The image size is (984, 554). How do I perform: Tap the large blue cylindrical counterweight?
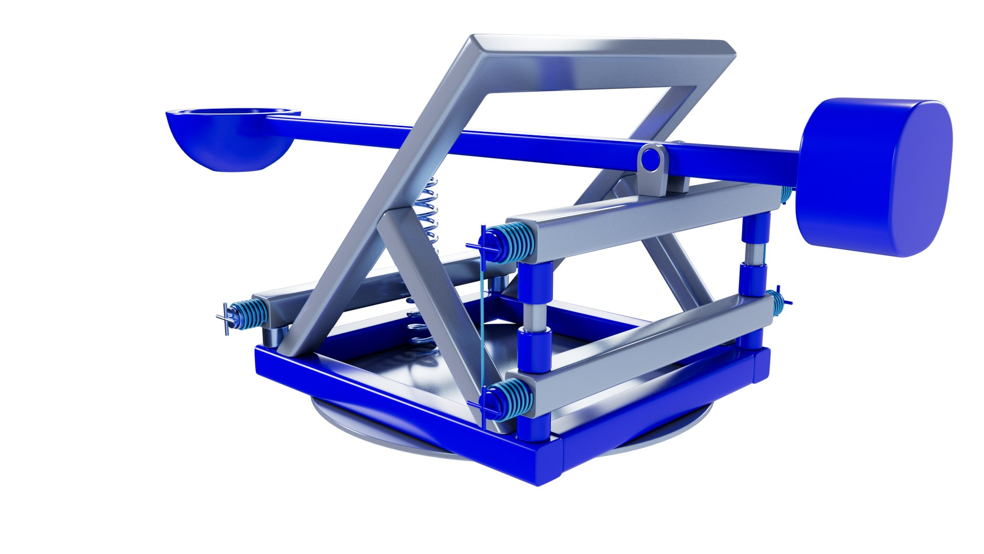(x=871, y=177)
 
